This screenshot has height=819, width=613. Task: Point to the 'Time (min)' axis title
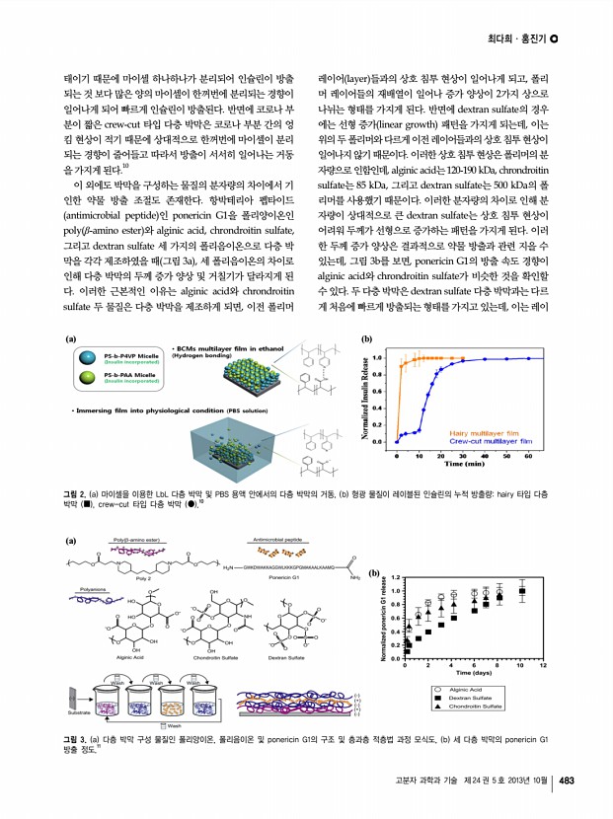click(x=468, y=463)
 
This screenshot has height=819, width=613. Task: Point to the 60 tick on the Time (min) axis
click(x=529, y=456)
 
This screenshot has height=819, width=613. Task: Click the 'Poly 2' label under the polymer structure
click(x=143, y=578)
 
